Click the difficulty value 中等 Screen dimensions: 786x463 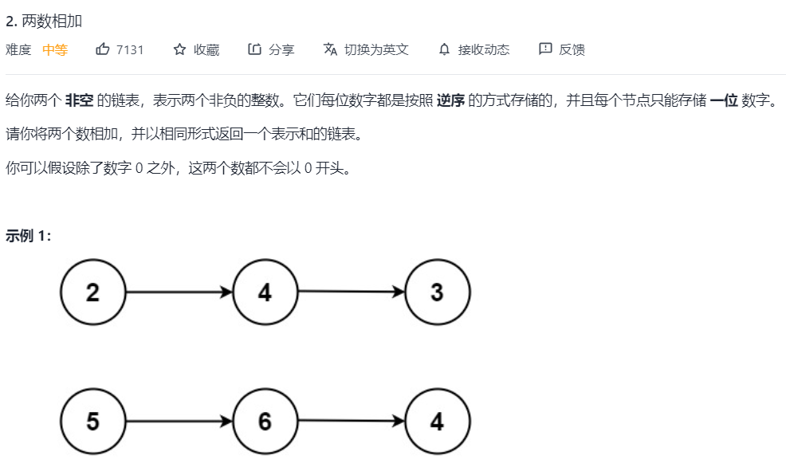pos(55,49)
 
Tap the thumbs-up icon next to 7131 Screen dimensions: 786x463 pos(102,49)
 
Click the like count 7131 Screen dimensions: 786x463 pos(130,49)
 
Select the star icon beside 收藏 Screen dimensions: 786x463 pos(179,49)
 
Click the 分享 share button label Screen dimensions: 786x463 pos(281,49)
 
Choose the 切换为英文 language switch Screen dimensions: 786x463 pos(376,49)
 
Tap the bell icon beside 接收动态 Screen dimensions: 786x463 pos(444,49)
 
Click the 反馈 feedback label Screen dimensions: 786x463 pos(572,49)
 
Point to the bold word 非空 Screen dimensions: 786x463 pos(79,101)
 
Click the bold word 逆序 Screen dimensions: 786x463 pos(450,101)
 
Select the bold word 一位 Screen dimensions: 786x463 pos(724,101)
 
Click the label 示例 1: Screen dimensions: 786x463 pos(29,236)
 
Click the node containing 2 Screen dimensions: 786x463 pos(93,292)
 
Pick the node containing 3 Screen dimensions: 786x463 pos(437,292)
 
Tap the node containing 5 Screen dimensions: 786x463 pos(93,422)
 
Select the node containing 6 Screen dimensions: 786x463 pos(265,422)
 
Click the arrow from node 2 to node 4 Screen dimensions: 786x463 pos(179,292)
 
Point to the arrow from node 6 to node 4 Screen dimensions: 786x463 pos(351,422)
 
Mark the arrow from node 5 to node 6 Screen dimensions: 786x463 pos(179,422)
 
